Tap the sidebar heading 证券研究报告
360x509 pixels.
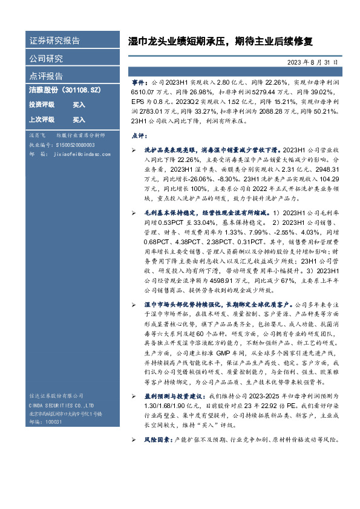(54, 41)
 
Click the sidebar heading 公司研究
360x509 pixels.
(46, 59)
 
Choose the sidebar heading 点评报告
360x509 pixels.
(46, 76)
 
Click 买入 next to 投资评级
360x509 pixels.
(79, 105)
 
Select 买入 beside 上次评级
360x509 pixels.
(79, 120)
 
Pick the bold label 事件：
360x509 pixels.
(140, 81)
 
